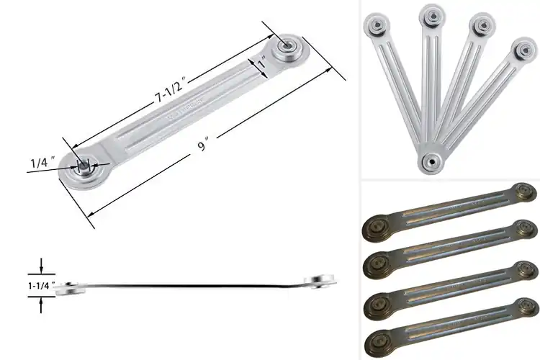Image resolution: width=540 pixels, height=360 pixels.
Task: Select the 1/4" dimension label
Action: click(40, 163)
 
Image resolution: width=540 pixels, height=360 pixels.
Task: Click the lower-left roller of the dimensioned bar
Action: click(86, 165)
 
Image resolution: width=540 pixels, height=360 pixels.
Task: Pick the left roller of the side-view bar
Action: click(69, 287)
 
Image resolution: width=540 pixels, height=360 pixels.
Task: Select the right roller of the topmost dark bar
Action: click(525, 192)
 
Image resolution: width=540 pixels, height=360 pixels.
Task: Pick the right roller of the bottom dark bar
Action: click(526, 308)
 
